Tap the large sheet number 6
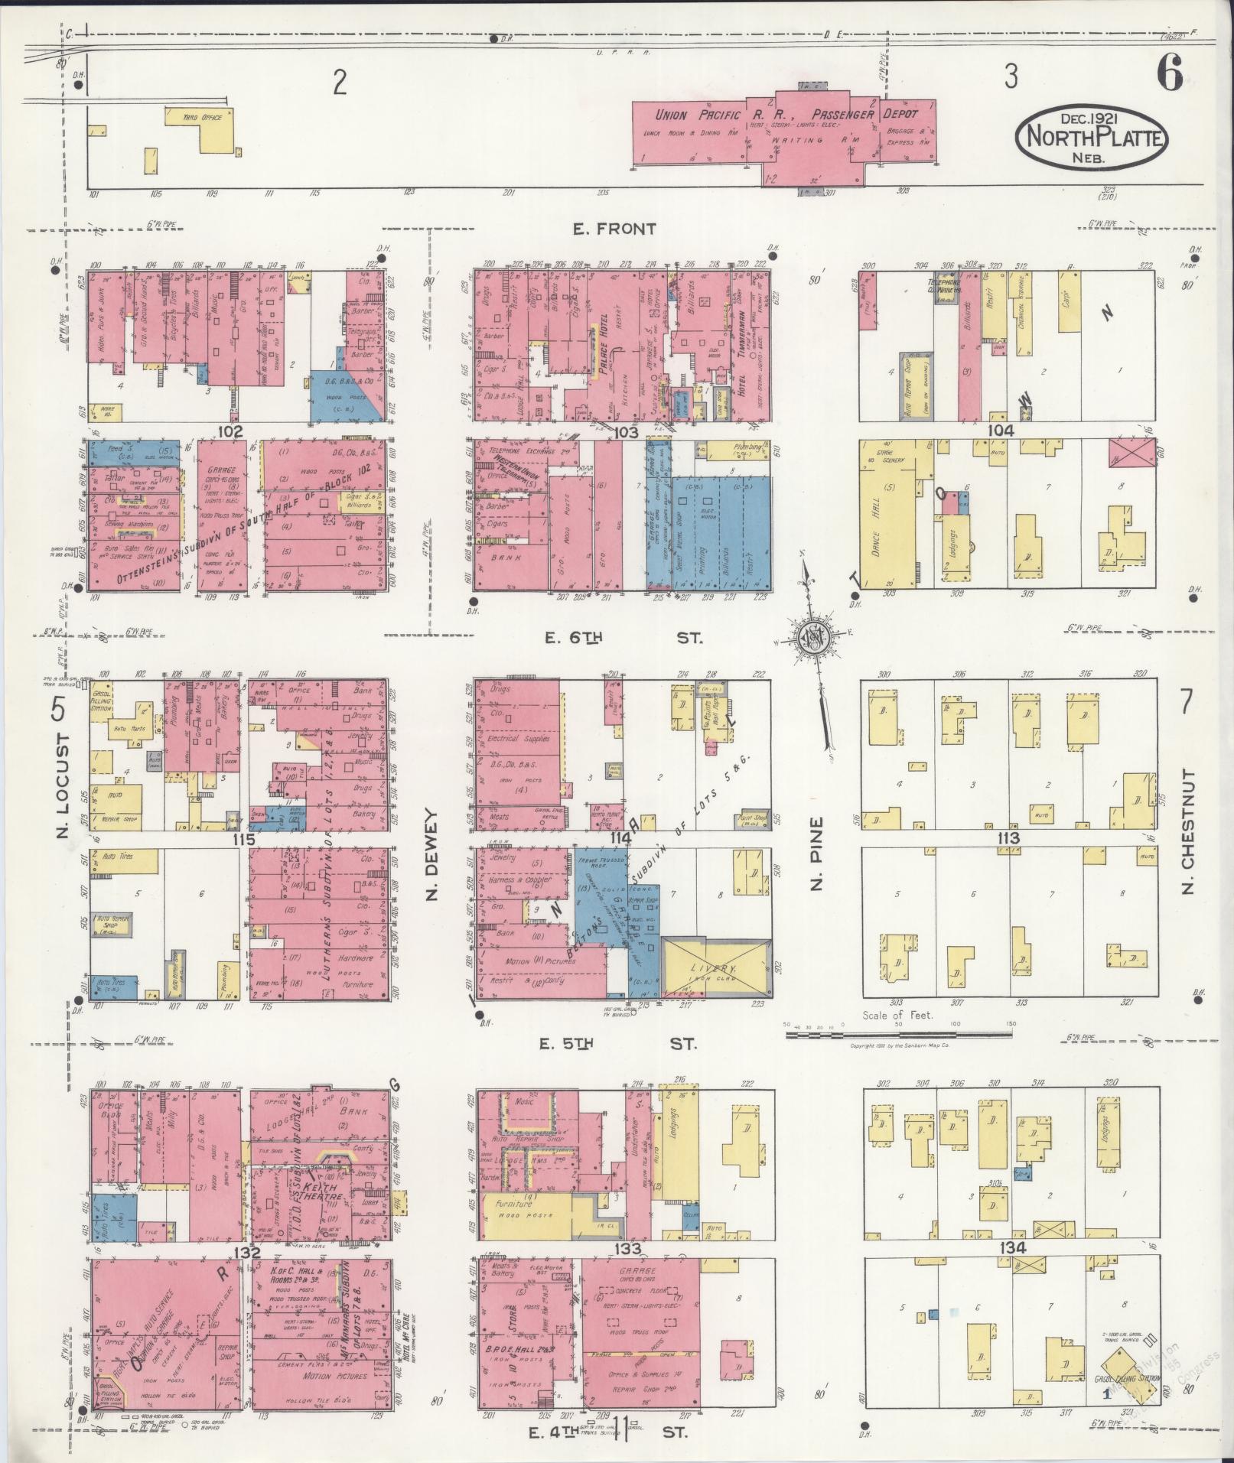click(1170, 74)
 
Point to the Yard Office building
click(202, 124)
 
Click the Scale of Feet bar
click(899, 1035)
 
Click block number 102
click(230, 431)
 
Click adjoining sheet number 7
click(1187, 701)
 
